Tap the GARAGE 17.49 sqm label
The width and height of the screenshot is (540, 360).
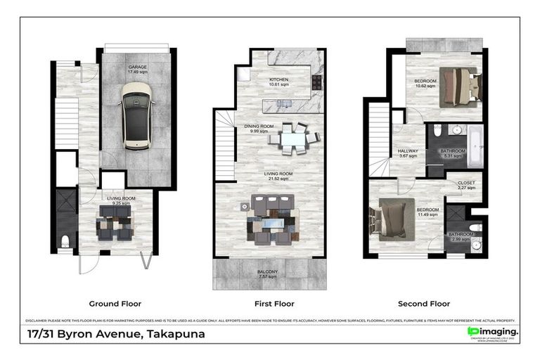(x=137, y=69)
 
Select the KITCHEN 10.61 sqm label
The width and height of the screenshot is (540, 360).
(x=279, y=83)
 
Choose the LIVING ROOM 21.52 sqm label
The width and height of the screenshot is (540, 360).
(x=269, y=176)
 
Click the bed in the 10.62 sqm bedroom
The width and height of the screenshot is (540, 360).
(x=458, y=86)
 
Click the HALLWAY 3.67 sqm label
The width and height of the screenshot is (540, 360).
(x=409, y=154)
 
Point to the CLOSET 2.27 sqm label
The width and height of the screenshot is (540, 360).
(x=466, y=186)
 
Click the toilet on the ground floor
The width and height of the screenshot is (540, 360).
(x=65, y=242)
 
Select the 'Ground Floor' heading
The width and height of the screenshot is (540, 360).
(x=112, y=304)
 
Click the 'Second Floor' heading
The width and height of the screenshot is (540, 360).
(x=424, y=304)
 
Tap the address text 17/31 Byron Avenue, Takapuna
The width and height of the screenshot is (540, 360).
(x=116, y=334)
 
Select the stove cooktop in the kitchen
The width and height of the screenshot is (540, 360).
(x=316, y=82)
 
